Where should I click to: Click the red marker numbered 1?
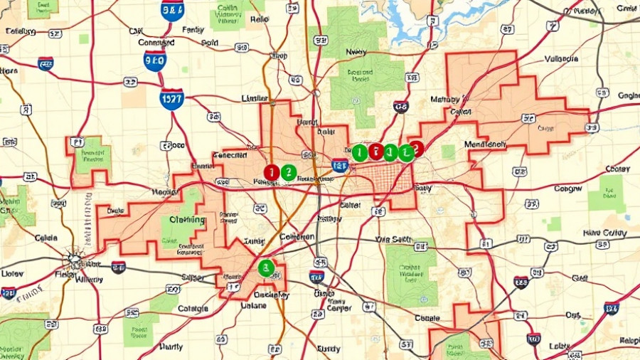271,171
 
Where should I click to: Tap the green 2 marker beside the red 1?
288,171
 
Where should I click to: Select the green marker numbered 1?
360,152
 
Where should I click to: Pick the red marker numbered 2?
417,148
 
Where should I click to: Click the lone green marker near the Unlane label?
266,268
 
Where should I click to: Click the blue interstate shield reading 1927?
171,98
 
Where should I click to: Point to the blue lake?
409,21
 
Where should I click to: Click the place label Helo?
259,19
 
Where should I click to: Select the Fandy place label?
193,30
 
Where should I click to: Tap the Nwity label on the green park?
356,52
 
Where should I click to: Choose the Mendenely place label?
485,144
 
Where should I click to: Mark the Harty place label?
171,347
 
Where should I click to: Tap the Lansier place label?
255,97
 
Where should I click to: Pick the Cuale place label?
427,318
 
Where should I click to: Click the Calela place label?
46,237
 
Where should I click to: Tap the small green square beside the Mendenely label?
448,152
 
